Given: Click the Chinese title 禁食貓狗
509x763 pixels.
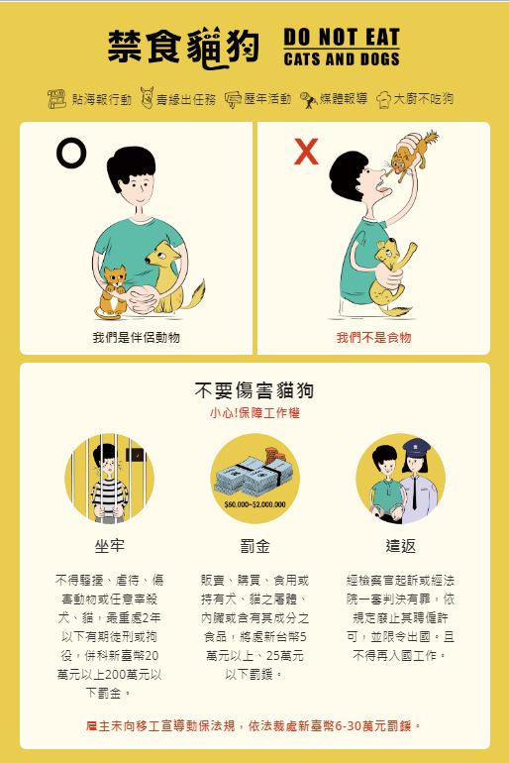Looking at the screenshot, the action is pos(183,48).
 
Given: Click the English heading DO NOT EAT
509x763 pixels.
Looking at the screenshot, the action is pos(342,37).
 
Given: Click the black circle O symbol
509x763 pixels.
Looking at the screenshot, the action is pos(71,153).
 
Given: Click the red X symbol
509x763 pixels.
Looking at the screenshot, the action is pos(306,152).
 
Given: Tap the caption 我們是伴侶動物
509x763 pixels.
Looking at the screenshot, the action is pos(136,337).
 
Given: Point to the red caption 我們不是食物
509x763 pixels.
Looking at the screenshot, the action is pos(374,337).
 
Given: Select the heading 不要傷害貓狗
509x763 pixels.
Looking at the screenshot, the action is pos(254,390).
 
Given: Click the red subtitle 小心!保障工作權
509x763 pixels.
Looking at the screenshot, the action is pos(254,413).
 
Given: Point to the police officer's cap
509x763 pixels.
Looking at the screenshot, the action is pos(416,445).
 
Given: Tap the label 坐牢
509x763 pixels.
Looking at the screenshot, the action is pos(109,546).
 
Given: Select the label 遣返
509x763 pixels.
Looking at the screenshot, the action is pos(401,546).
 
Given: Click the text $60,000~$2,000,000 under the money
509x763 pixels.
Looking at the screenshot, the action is pos(254,504).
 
